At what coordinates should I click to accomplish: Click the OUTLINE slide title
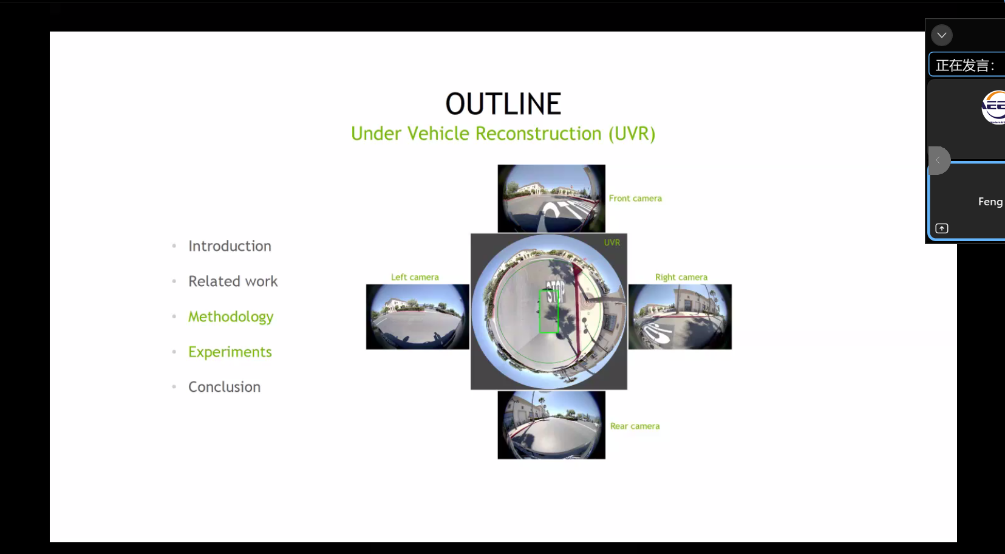tap(503, 104)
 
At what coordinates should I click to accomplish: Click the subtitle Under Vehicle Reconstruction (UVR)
tap(503, 134)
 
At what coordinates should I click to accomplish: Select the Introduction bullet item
tap(230, 246)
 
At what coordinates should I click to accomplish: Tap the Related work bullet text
tap(233, 281)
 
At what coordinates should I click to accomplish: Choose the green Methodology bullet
tap(231, 317)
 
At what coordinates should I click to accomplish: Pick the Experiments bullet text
tap(230, 352)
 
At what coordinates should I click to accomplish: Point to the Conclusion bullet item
tap(224, 387)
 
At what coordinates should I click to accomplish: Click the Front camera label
tap(635, 199)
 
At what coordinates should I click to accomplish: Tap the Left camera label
tap(415, 277)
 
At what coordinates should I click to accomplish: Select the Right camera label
tap(681, 277)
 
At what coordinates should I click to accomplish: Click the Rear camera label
tap(635, 426)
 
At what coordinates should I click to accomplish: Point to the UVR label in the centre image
tap(612, 242)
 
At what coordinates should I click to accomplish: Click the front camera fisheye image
tap(551, 199)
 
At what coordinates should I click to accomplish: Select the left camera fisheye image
tap(418, 316)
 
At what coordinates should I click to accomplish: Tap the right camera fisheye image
tap(680, 316)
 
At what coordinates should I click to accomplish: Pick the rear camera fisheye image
tap(551, 425)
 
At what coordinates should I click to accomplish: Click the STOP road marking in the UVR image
tap(556, 291)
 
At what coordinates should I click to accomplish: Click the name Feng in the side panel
tap(990, 202)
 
